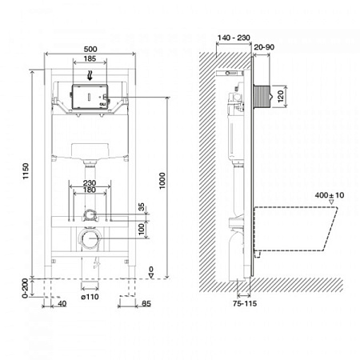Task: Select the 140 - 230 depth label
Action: (x=234, y=37)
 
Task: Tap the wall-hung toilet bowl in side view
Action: (x=296, y=224)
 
